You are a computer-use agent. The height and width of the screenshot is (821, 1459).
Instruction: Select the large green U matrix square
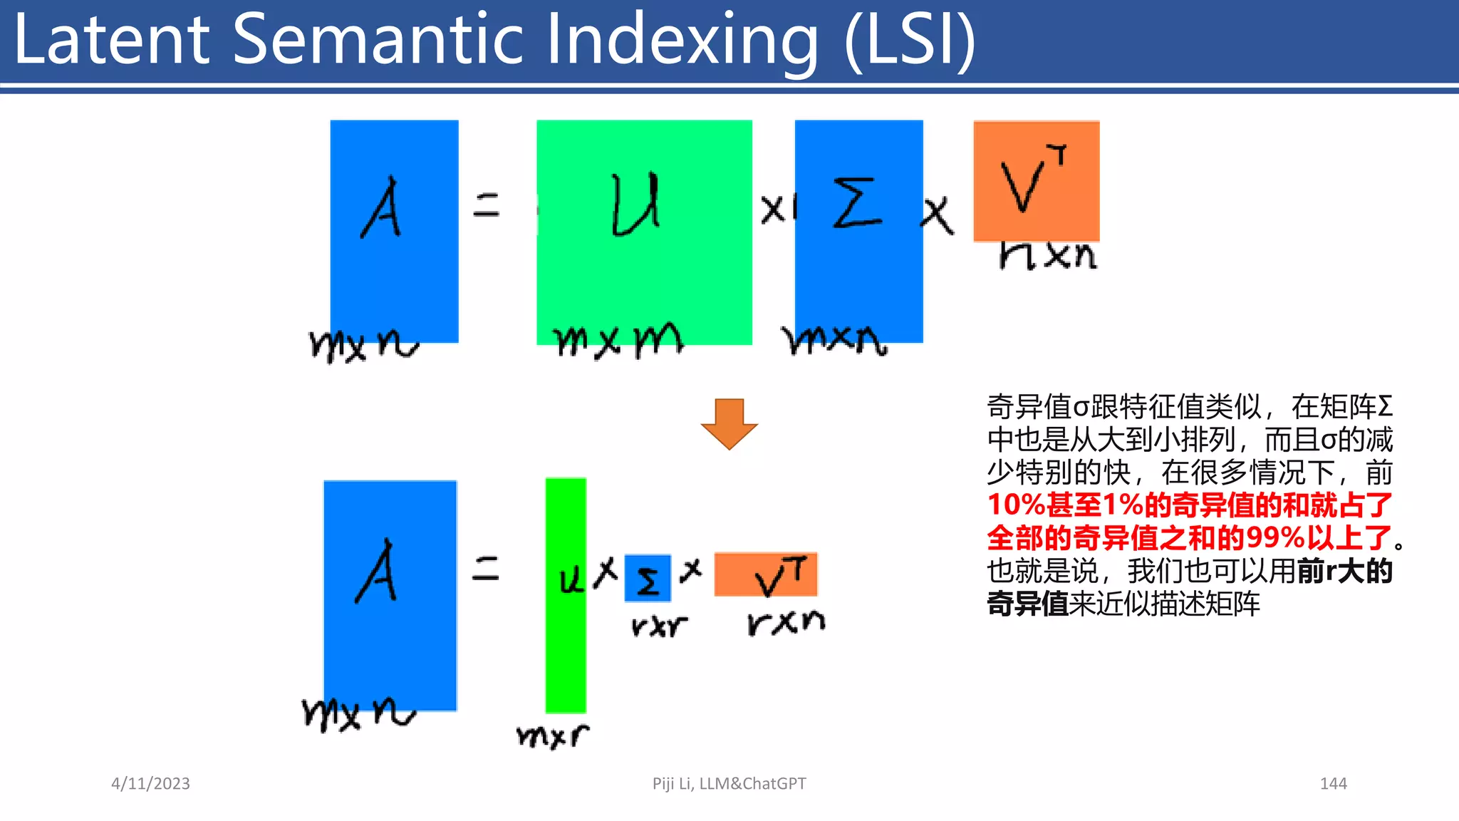(x=644, y=232)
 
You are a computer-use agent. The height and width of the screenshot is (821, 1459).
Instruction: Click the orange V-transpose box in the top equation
(x=1036, y=181)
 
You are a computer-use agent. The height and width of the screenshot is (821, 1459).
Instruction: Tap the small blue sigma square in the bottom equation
(x=648, y=578)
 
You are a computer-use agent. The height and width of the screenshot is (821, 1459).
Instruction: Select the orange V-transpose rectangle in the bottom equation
(x=766, y=574)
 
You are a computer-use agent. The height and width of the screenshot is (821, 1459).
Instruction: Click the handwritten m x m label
(x=618, y=341)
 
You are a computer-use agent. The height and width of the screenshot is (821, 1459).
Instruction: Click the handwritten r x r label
(x=659, y=626)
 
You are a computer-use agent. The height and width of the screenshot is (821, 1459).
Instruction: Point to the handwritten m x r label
(x=553, y=735)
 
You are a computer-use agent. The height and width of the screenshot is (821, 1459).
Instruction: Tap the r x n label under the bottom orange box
(x=786, y=622)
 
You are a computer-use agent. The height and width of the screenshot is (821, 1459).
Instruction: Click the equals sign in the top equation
(x=487, y=205)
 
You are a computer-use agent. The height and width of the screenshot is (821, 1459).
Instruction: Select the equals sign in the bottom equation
(x=486, y=569)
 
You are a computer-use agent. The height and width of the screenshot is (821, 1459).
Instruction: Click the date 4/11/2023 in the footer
(x=150, y=783)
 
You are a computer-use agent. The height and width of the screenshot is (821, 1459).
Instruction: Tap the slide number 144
(x=1333, y=783)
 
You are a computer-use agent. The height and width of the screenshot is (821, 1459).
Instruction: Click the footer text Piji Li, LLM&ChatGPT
(x=729, y=783)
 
